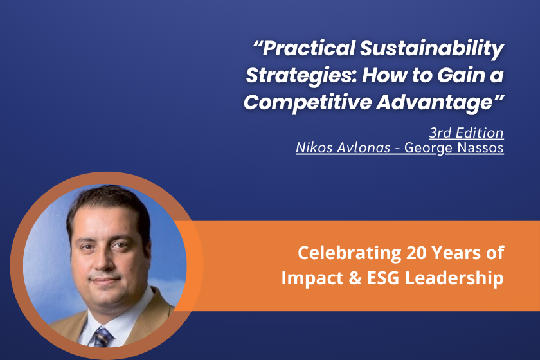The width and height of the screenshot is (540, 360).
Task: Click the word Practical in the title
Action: click(x=309, y=48)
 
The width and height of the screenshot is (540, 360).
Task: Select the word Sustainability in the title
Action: click(x=432, y=49)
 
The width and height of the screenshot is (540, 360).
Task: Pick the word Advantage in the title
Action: click(x=437, y=103)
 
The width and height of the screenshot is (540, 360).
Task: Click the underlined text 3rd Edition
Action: click(x=466, y=132)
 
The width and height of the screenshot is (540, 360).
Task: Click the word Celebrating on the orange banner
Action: click(x=350, y=253)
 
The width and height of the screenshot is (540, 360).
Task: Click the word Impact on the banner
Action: click(x=312, y=278)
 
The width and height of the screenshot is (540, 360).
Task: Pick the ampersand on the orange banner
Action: click(x=355, y=278)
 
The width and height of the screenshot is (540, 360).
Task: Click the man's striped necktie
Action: click(x=103, y=337)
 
